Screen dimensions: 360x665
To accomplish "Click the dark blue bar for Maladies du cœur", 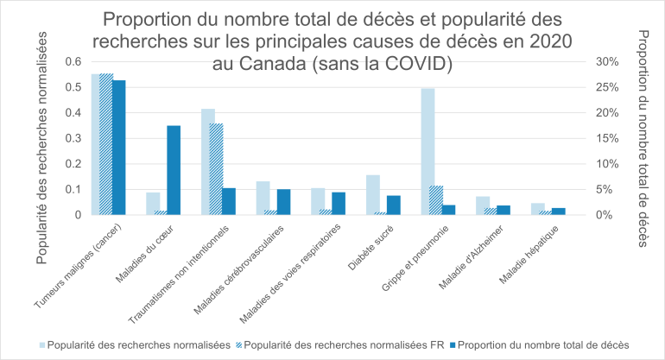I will (x=174, y=170).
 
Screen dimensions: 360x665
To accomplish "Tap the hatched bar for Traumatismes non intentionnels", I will (x=216, y=169).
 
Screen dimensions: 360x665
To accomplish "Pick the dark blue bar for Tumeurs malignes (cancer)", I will (x=119, y=147).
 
